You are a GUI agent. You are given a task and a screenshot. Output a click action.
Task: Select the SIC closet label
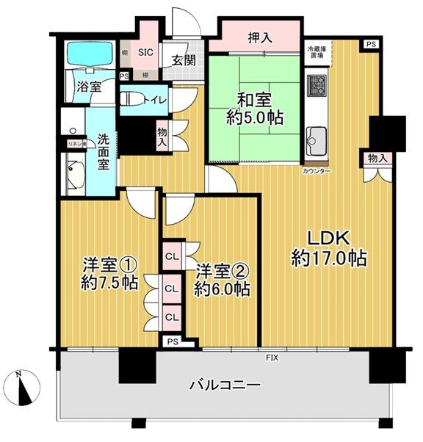(146, 51)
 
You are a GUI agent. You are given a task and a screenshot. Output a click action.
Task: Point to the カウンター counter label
(316, 171)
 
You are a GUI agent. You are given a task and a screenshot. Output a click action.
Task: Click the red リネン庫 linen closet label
(77, 145)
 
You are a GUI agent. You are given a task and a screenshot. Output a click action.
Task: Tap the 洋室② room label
(222, 270)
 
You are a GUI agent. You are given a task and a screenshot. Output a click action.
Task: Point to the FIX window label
(272, 358)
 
